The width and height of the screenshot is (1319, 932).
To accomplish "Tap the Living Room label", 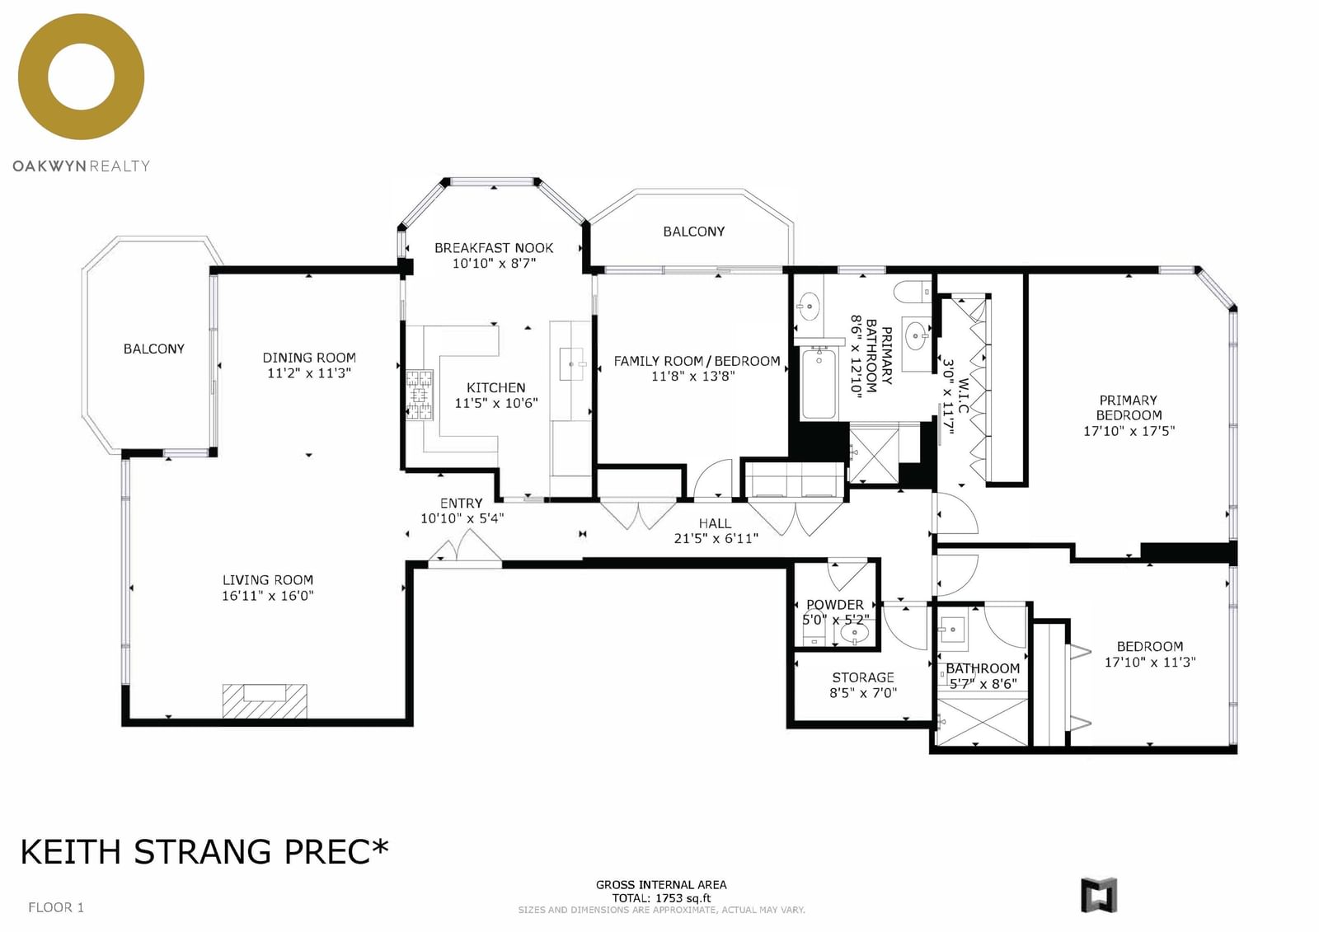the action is pyautogui.click(x=268, y=580).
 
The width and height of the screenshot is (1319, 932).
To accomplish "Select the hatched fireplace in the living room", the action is pyautogui.click(x=265, y=700).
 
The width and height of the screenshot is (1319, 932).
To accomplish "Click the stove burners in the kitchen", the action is pyautogui.click(x=420, y=395).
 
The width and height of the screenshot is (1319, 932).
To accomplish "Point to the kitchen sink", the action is pyautogui.click(x=571, y=364).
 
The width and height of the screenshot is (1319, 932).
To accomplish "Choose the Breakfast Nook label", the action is pyautogui.click(x=494, y=248).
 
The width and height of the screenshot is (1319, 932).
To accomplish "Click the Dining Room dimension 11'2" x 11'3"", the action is pyautogui.click(x=309, y=372).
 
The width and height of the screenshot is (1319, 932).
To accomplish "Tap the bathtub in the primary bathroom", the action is pyautogui.click(x=819, y=382).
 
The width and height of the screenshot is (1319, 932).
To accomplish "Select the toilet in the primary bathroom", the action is pyautogui.click(x=912, y=292).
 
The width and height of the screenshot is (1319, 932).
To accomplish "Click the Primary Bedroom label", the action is pyautogui.click(x=1129, y=407).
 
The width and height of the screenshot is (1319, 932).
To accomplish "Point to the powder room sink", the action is pyautogui.click(x=854, y=634).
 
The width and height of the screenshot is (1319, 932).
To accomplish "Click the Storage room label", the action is pyautogui.click(x=863, y=677).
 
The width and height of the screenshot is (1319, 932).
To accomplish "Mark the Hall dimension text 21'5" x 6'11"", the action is pyautogui.click(x=716, y=538).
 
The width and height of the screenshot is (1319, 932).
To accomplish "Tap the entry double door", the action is pyautogui.click(x=465, y=546).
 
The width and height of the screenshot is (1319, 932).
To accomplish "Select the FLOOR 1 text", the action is pyautogui.click(x=56, y=907).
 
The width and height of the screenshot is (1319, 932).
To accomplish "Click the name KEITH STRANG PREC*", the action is pyautogui.click(x=204, y=851).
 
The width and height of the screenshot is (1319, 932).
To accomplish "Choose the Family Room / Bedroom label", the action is pyautogui.click(x=697, y=361).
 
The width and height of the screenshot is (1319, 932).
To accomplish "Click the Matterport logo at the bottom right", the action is pyautogui.click(x=1099, y=895).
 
